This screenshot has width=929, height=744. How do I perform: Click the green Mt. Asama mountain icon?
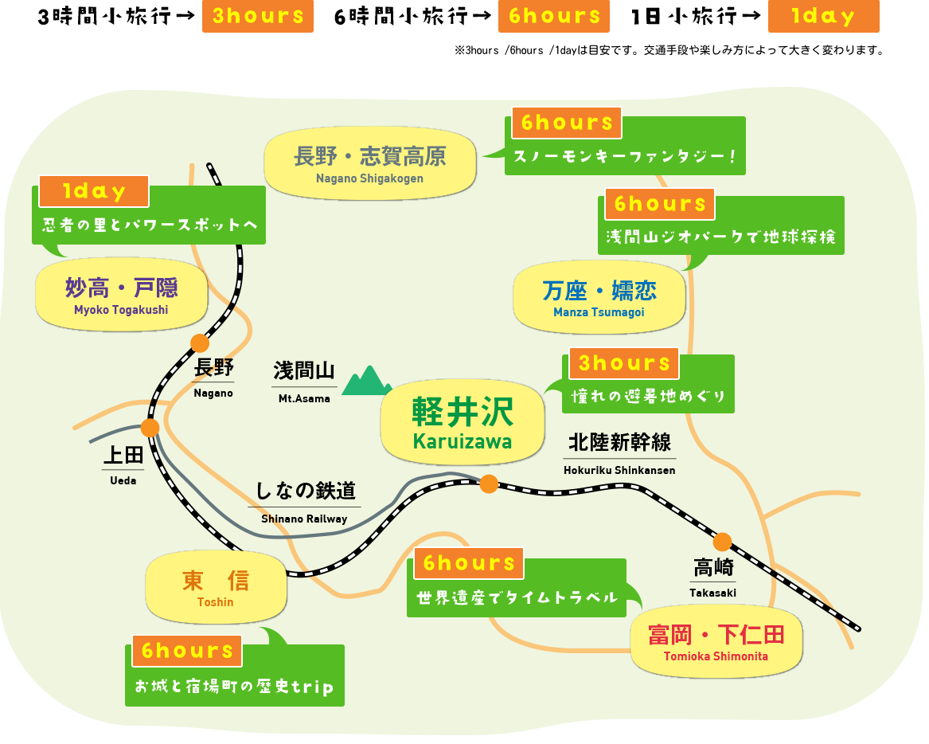[367, 382]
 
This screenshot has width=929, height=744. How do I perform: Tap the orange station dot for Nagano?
[200, 343]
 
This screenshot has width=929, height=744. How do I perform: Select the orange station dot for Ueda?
[150, 428]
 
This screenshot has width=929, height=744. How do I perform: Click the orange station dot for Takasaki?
[722, 542]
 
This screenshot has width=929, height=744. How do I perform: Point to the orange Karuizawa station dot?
[489, 484]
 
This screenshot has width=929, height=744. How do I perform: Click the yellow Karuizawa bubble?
[463, 421]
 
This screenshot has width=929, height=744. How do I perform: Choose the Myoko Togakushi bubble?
[122, 294]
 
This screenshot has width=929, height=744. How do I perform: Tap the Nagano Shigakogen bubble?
[369, 163]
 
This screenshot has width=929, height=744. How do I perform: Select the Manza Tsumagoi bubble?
[599, 297]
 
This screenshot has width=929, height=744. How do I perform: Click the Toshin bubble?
[216, 588]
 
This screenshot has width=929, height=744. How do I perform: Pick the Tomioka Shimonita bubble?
[716, 641]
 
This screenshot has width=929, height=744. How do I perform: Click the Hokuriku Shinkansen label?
[619, 454]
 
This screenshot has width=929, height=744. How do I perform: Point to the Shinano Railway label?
[305, 503]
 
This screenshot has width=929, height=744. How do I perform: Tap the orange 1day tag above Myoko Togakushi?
[94, 191]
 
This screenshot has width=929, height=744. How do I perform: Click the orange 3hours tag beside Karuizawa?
[624, 363]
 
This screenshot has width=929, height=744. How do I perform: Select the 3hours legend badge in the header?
[258, 16]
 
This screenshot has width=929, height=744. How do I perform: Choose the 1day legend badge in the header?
[824, 16]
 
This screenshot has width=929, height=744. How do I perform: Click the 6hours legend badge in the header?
[554, 16]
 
